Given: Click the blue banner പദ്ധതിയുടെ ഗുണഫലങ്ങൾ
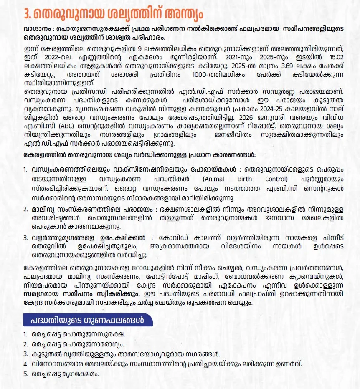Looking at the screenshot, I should pyautogui.click(x=88, y=321).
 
